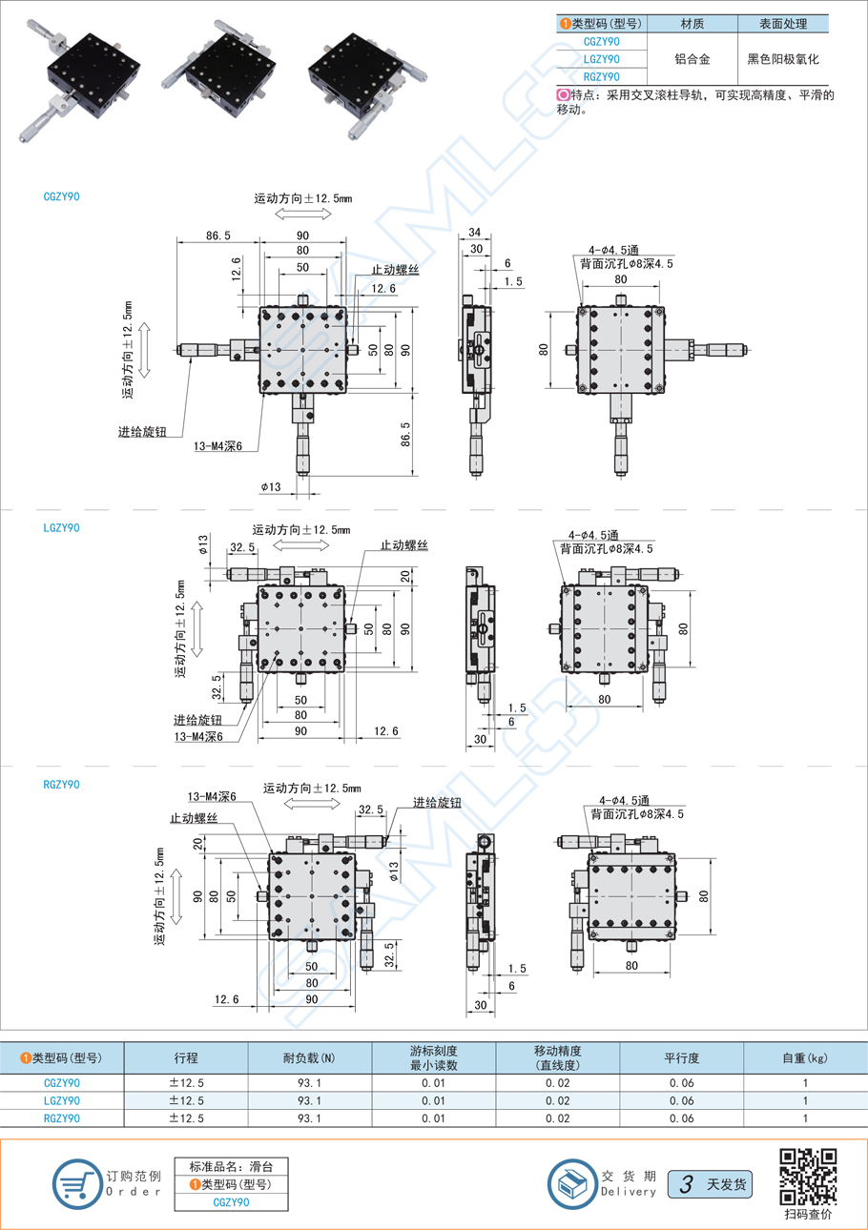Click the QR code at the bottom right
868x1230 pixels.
click(x=809, y=1176)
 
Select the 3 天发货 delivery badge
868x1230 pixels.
click(x=710, y=1184)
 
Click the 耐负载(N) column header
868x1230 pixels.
click(x=308, y=1057)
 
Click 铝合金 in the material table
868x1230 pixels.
click(x=692, y=59)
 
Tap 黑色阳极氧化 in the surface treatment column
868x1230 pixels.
click(x=784, y=59)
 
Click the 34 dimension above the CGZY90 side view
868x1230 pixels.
click(x=474, y=233)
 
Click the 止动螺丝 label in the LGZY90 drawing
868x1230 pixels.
click(x=403, y=544)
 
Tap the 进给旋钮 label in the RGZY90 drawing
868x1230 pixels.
click(x=437, y=802)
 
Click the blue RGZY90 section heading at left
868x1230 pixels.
click(x=63, y=784)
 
